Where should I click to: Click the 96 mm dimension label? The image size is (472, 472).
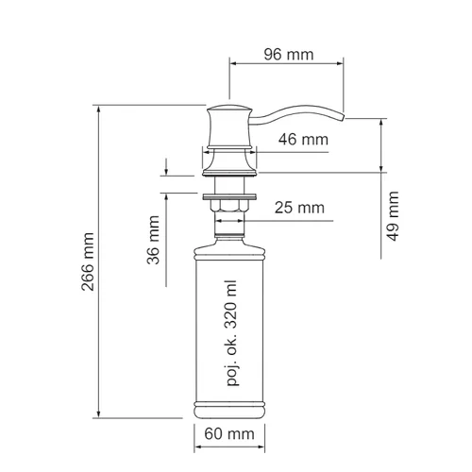coord(289,55)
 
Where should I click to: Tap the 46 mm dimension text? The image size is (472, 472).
coord(303,140)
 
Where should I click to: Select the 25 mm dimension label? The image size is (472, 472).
coord(299,208)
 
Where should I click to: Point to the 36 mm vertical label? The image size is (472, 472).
coord(154,240)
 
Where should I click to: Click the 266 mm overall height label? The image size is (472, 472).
coord(88,261)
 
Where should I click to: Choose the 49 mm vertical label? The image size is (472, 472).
coord(393,216)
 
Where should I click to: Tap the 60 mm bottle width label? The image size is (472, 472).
coord(229,434)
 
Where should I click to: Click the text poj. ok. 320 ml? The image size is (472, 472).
coord(232,333)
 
